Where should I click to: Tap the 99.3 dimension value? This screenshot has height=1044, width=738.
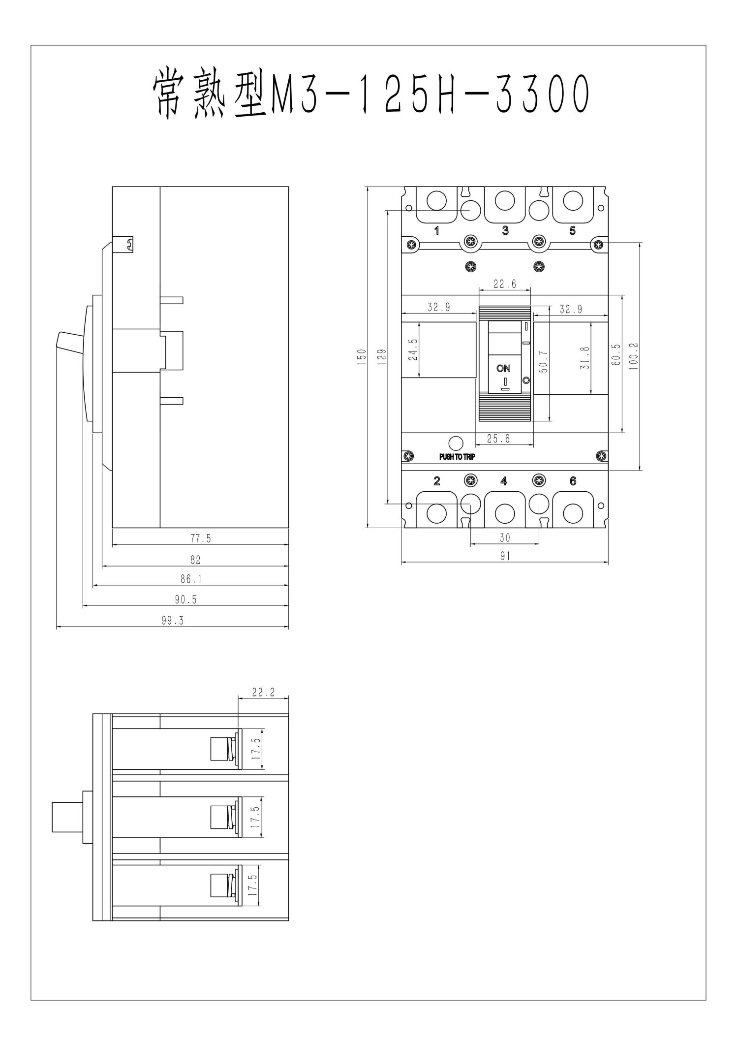point(172,621)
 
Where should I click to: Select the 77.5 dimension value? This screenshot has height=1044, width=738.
point(201,539)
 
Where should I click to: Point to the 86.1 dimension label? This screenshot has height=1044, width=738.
point(191,580)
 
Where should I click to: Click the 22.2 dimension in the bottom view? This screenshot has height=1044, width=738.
point(263,692)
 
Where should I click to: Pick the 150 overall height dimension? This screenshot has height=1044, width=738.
point(362,356)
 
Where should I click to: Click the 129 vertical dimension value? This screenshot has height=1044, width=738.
point(382,356)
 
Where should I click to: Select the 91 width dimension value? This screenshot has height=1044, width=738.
point(505,556)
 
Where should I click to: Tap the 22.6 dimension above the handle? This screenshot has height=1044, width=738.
point(505,284)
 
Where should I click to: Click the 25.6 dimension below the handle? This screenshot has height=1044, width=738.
point(498,439)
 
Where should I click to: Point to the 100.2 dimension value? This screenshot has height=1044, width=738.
point(633,356)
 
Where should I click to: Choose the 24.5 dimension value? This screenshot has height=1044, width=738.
point(412,349)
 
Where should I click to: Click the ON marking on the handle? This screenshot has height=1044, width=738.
point(503,368)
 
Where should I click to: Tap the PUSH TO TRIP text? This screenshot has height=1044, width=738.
point(457,457)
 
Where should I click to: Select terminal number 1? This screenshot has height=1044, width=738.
point(437,230)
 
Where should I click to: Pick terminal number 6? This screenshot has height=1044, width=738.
point(573,481)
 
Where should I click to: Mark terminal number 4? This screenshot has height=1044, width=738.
point(504,481)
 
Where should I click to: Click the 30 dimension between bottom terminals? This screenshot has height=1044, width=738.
point(505,538)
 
